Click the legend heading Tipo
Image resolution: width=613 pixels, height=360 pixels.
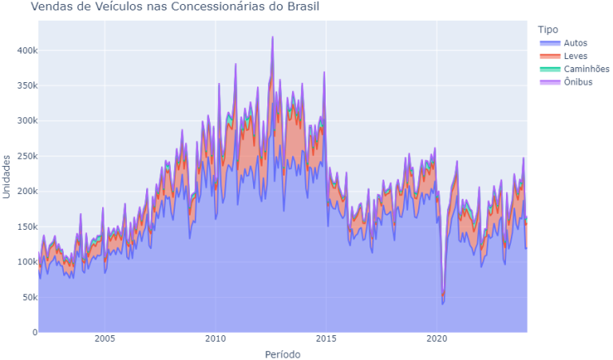[x=548, y=30]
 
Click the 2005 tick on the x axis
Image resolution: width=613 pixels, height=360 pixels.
[x=104, y=338]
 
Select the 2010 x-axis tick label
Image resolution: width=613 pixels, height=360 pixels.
[x=215, y=338]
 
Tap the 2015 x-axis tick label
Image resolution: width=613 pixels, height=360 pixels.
[x=326, y=338]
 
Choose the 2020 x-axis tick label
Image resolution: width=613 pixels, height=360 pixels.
[x=437, y=338]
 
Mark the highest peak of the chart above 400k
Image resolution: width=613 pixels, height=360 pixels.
[x=272, y=37]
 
